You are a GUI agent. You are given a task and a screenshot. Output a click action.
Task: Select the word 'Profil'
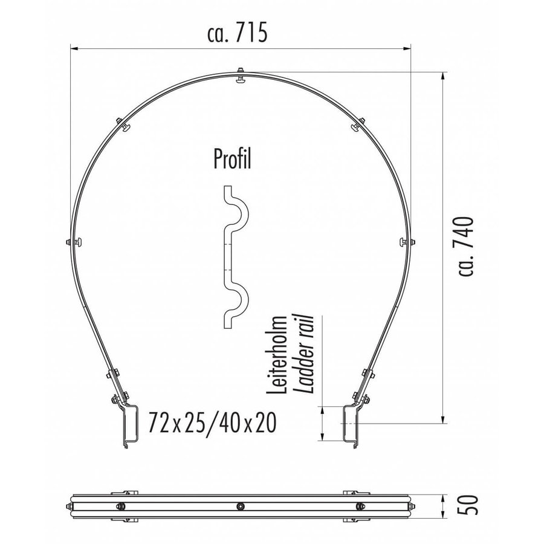[233, 159]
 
